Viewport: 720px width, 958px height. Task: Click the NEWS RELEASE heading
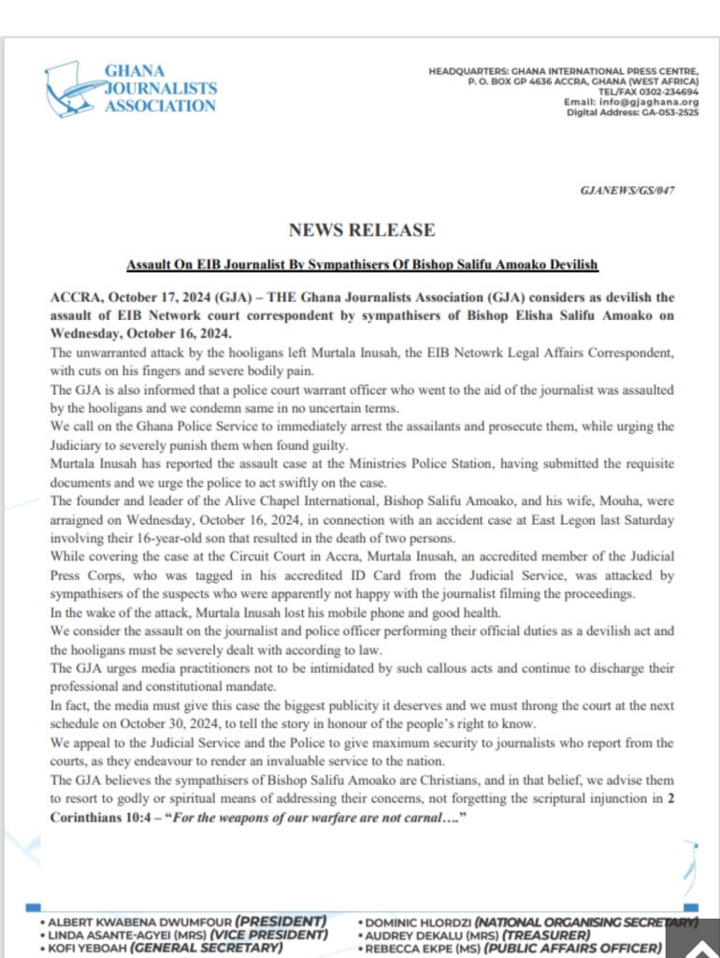pyautogui.click(x=361, y=229)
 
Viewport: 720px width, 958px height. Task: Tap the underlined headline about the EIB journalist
pyautogui.click(x=362, y=265)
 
